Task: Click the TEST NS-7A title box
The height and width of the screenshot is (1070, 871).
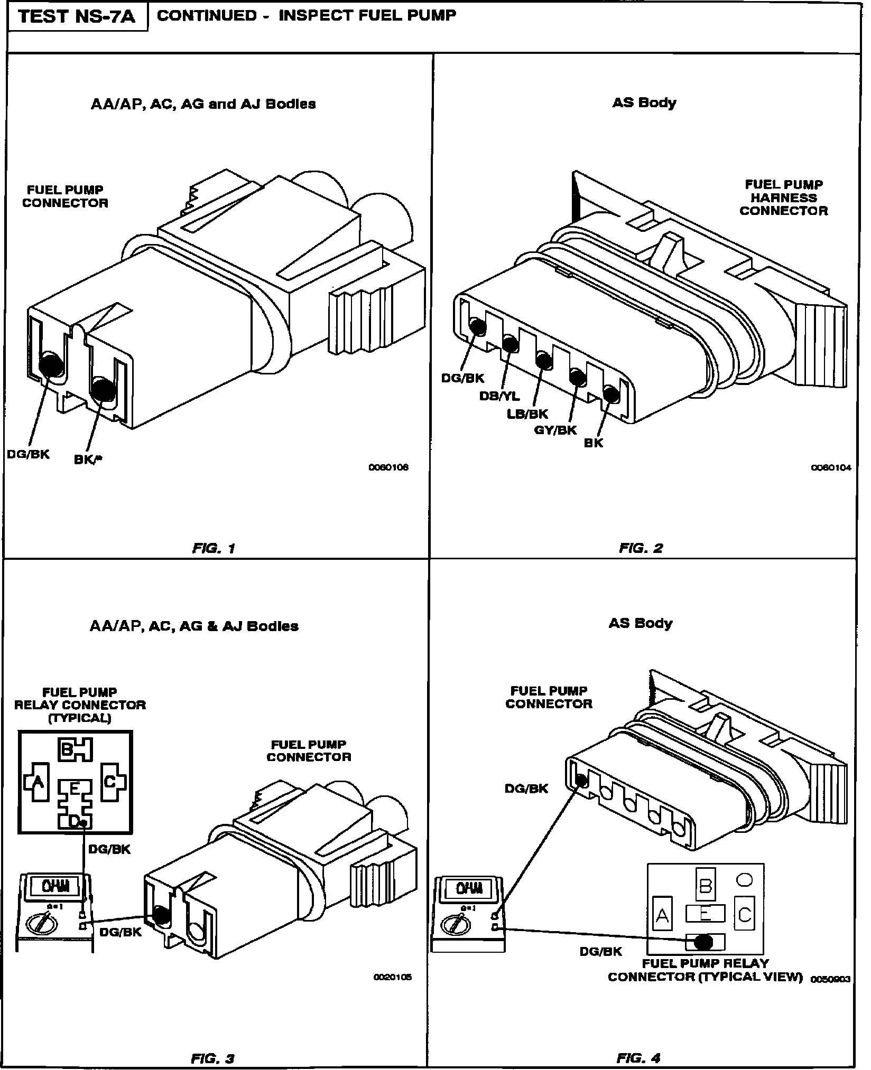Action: pyautogui.click(x=77, y=17)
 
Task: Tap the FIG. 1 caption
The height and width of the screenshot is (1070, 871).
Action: pyautogui.click(x=214, y=548)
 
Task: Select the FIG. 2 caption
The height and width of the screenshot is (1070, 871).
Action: pyautogui.click(x=641, y=548)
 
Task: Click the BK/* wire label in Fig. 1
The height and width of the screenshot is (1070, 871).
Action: pyautogui.click(x=88, y=459)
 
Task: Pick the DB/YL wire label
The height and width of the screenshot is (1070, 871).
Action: pyautogui.click(x=499, y=396)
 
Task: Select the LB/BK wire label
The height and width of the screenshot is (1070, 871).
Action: pyautogui.click(x=527, y=414)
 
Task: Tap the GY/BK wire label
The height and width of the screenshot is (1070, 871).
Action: pyautogui.click(x=555, y=430)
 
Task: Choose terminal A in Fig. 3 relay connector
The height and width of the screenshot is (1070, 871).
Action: pyautogui.click(x=38, y=782)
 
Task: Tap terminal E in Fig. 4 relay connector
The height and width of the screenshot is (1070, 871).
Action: pyautogui.click(x=705, y=913)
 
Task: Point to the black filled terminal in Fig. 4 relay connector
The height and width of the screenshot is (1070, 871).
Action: pyautogui.click(x=703, y=942)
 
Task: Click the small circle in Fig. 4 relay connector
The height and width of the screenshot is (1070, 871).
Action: pyautogui.click(x=744, y=879)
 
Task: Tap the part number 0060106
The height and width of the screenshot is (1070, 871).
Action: pyautogui.click(x=388, y=467)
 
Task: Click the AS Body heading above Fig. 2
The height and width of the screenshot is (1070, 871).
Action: pyautogui.click(x=644, y=102)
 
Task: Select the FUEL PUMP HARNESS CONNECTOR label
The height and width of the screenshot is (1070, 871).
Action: pyautogui.click(x=783, y=198)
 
